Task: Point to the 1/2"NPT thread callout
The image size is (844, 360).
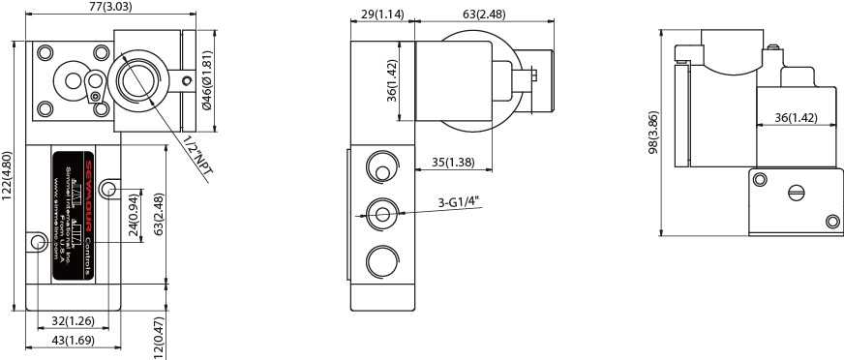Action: point(196,155)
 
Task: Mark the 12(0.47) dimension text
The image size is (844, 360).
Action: point(160,337)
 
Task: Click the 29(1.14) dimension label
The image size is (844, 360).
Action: point(382,15)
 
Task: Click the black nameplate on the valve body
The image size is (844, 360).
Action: point(74,215)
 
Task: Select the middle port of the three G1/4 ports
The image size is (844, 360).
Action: point(381,214)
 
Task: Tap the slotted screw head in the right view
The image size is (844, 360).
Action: point(796,194)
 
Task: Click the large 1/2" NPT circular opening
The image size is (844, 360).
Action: point(136,79)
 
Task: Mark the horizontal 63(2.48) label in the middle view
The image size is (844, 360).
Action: point(484,15)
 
